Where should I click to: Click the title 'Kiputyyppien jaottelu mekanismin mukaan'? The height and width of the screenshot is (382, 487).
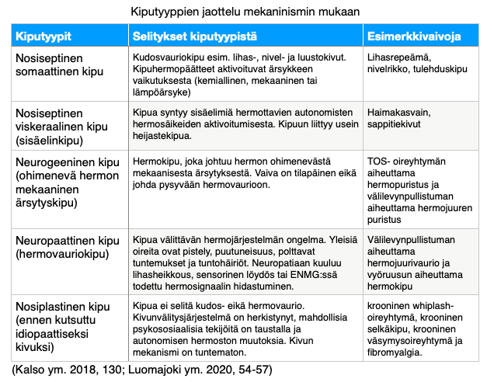tap(245, 12)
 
